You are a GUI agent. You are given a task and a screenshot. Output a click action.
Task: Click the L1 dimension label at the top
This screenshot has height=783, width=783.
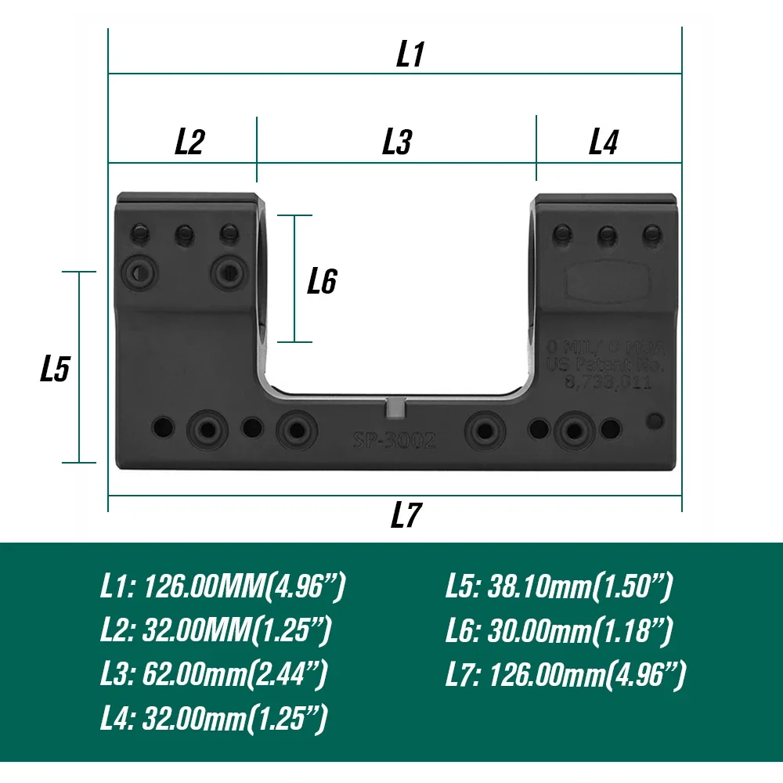410,55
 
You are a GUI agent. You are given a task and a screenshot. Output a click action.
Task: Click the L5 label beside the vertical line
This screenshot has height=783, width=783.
56,369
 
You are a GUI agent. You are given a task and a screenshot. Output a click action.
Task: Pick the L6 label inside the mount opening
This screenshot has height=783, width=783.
322,280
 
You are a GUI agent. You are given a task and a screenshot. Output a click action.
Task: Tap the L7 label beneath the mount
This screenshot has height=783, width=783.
406,515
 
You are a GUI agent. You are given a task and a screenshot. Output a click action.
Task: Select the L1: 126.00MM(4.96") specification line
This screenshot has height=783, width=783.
222,587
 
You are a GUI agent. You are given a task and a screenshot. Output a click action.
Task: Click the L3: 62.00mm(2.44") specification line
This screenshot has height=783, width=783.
214,673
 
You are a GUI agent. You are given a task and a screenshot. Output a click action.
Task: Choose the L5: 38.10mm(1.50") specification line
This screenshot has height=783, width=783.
559,587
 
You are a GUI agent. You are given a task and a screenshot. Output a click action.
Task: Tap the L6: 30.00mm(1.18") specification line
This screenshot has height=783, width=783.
559,630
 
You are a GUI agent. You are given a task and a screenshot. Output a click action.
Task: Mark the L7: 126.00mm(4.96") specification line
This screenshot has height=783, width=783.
565,673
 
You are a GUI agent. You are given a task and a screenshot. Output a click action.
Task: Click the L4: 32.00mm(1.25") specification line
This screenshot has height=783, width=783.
214,717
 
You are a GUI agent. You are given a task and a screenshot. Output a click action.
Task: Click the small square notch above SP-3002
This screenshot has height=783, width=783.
397,407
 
